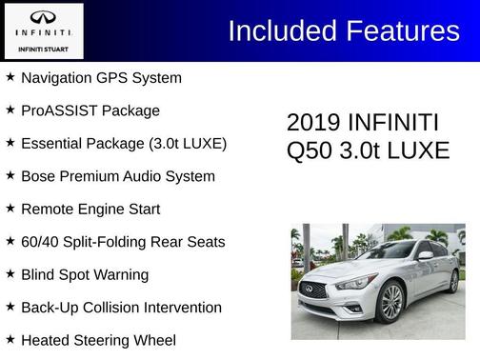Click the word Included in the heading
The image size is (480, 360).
[x=278, y=30]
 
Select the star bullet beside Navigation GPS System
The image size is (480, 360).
[x=10, y=77]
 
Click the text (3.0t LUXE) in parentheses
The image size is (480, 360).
[x=188, y=144]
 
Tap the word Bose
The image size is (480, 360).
[x=38, y=176]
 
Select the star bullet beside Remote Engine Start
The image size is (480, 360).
[x=10, y=209]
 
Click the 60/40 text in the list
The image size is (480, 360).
[x=41, y=242]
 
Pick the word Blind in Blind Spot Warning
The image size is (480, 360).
[x=39, y=274]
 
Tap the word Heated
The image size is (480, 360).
[x=47, y=340]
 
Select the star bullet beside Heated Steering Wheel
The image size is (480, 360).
[x=10, y=340]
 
